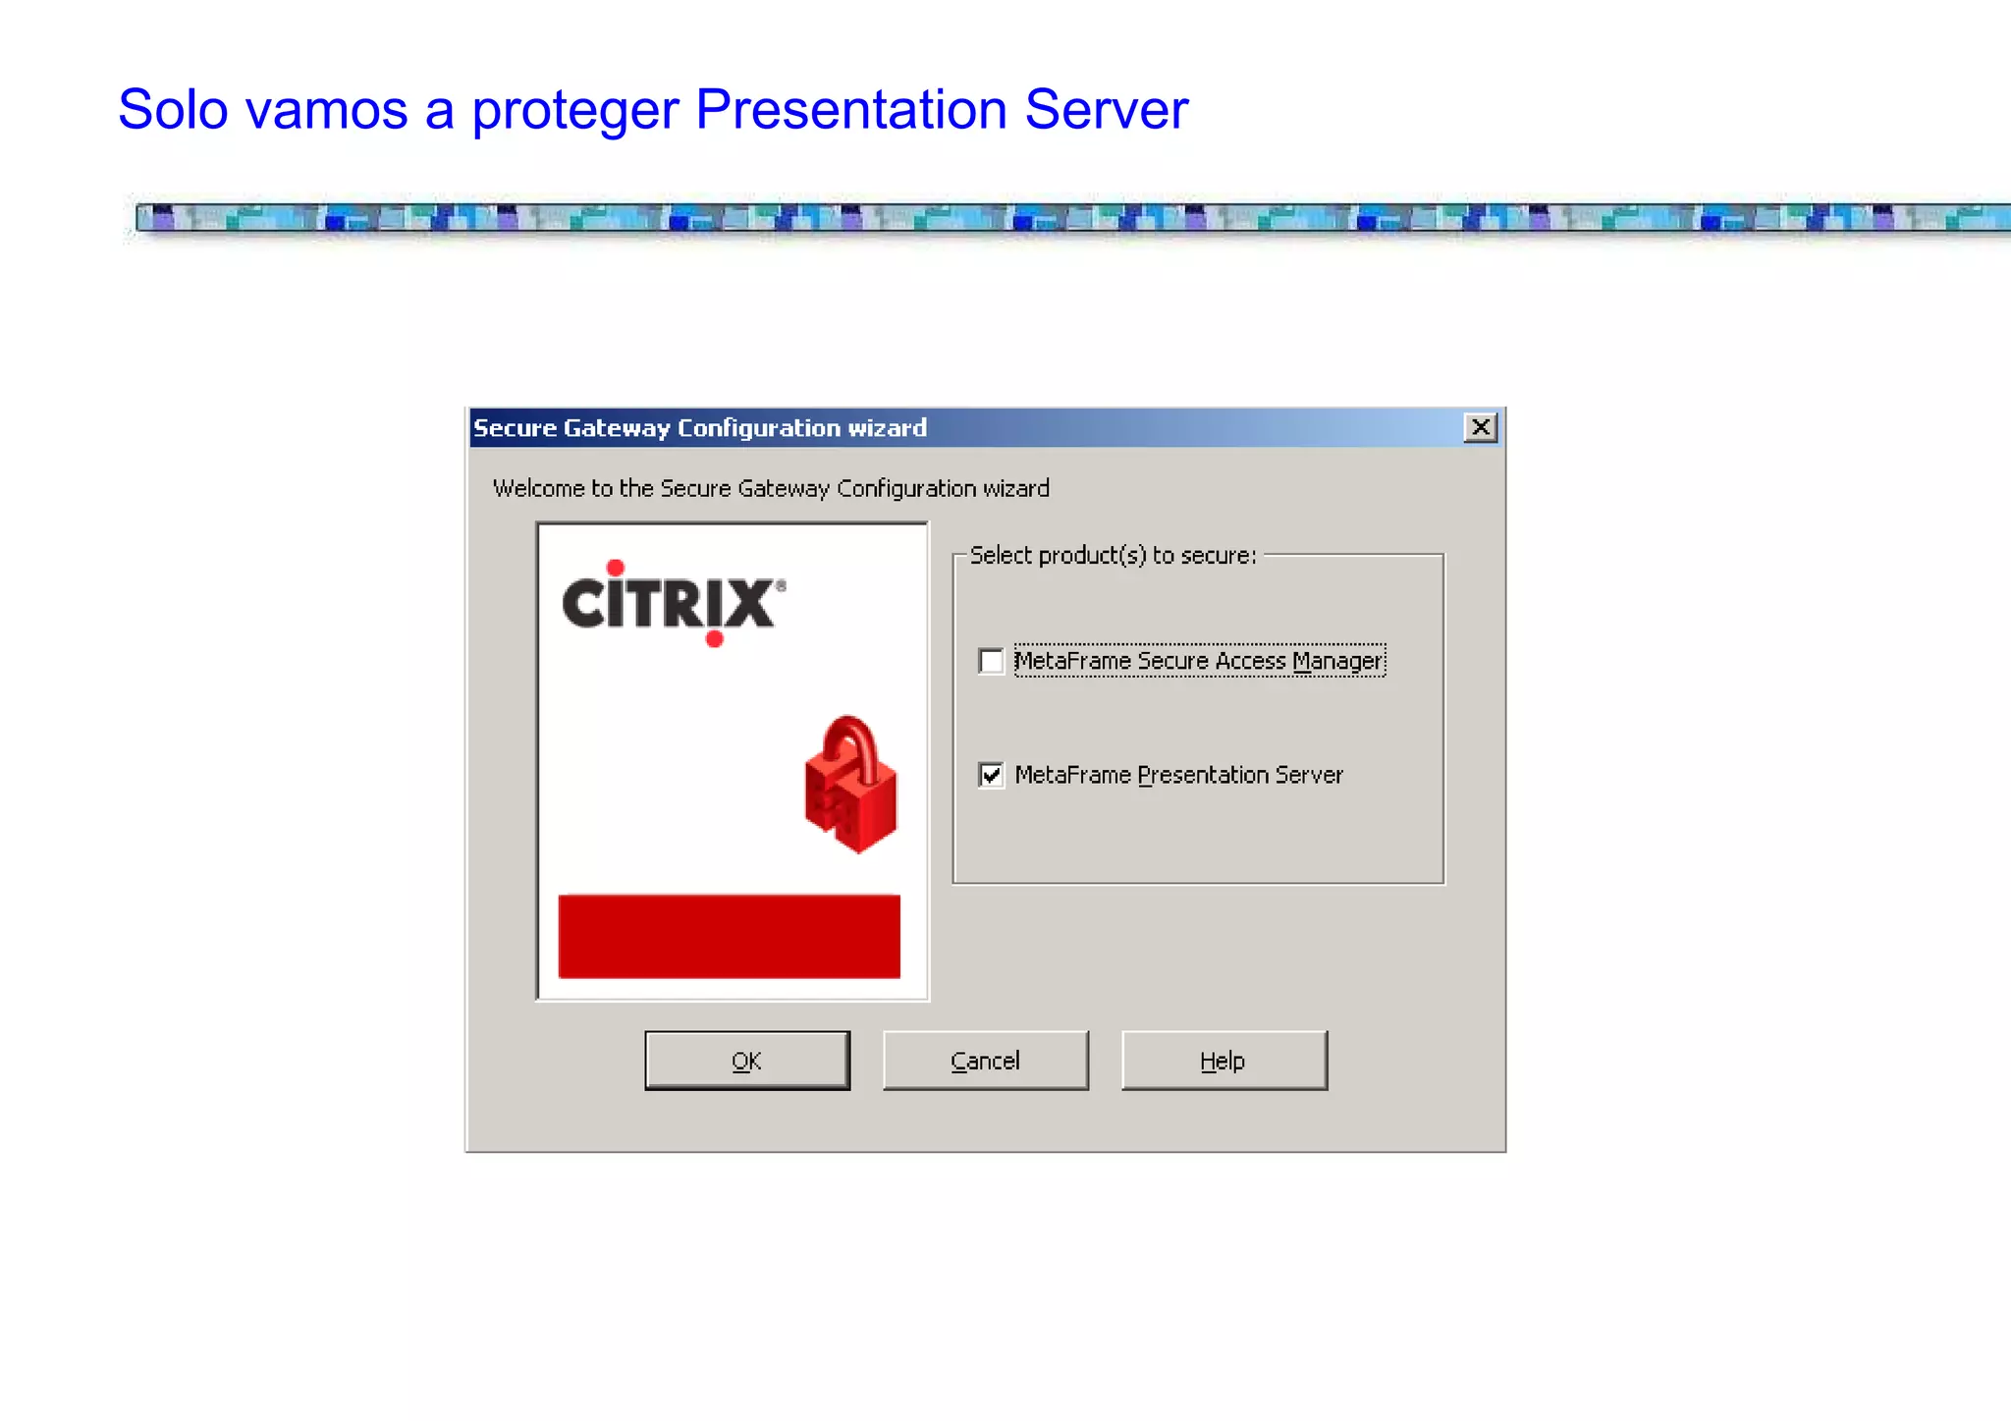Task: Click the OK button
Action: tap(747, 1061)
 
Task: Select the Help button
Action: tap(1223, 1061)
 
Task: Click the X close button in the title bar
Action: tap(1480, 427)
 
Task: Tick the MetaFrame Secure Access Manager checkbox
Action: tap(992, 661)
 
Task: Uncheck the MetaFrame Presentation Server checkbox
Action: tap(992, 775)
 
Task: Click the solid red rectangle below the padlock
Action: tap(729, 936)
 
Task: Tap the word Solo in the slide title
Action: tap(173, 109)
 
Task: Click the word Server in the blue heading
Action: tap(1106, 109)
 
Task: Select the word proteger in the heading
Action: tap(575, 111)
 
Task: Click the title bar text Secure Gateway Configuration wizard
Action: tap(700, 428)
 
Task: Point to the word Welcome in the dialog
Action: tap(538, 488)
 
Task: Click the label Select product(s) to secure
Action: tap(1113, 555)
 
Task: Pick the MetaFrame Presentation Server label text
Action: tap(1178, 775)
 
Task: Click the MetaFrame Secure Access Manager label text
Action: tap(1199, 661)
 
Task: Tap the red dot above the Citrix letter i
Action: tap(616, 567)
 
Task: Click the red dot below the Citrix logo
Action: tap(715, 639)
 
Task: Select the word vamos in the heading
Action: tap(326, 109)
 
